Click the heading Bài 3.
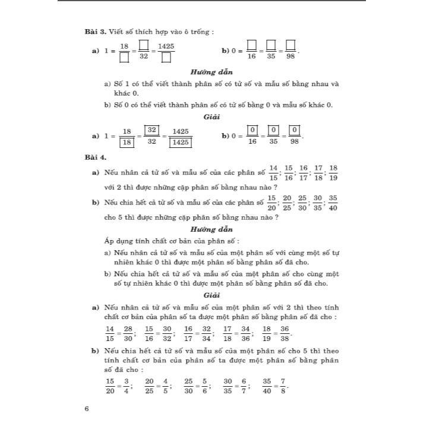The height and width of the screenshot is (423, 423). [95, 31]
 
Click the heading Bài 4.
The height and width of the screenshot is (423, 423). [95, 157]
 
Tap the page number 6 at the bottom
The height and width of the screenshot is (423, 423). [87, 408]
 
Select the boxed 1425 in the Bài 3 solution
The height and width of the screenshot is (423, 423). [181, 143]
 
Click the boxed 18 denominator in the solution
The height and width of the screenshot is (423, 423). [127, 143]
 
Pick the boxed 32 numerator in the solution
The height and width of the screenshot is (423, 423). [152, 130]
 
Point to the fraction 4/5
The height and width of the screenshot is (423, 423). [165, 384]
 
